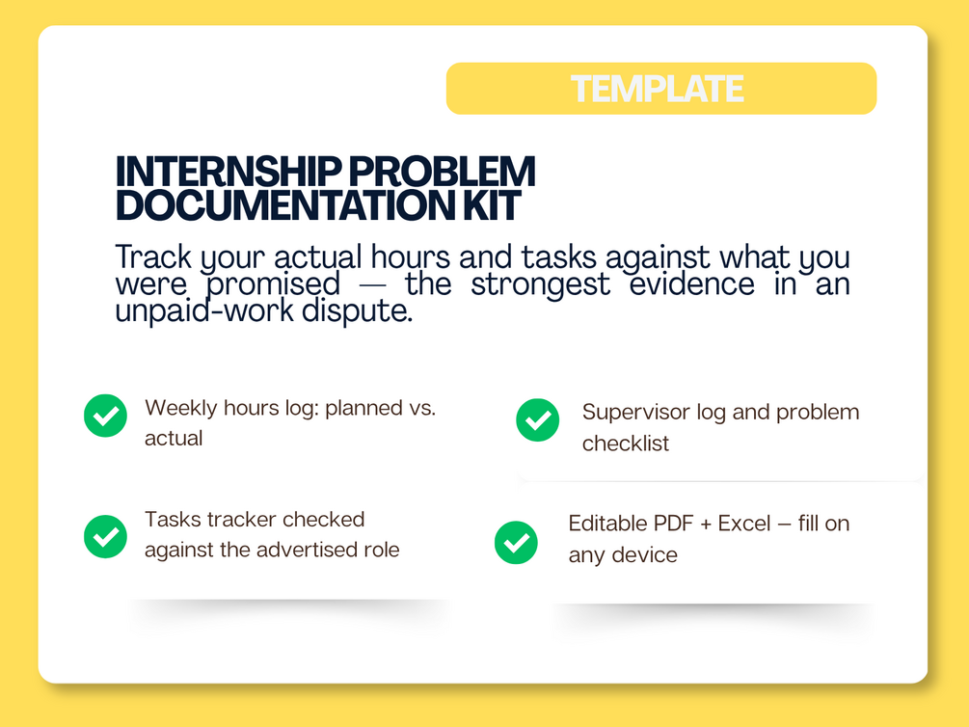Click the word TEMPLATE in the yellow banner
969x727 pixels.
pos(657,89)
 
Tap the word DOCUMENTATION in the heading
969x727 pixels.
pos(285,205)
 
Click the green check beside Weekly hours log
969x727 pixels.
pos(106,416)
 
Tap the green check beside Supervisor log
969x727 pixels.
pos(538,419)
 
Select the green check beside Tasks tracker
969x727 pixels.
pos(106,536)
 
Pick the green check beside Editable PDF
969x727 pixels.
pos(516,542)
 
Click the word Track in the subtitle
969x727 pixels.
pos(153,256)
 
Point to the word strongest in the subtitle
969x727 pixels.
pos(540,285)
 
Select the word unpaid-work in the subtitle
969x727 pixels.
pos(204,310)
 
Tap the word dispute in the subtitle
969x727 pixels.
pos(357,310)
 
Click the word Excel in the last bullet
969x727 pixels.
pos(744,524)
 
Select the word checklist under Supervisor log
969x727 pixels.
pos(626,444)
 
